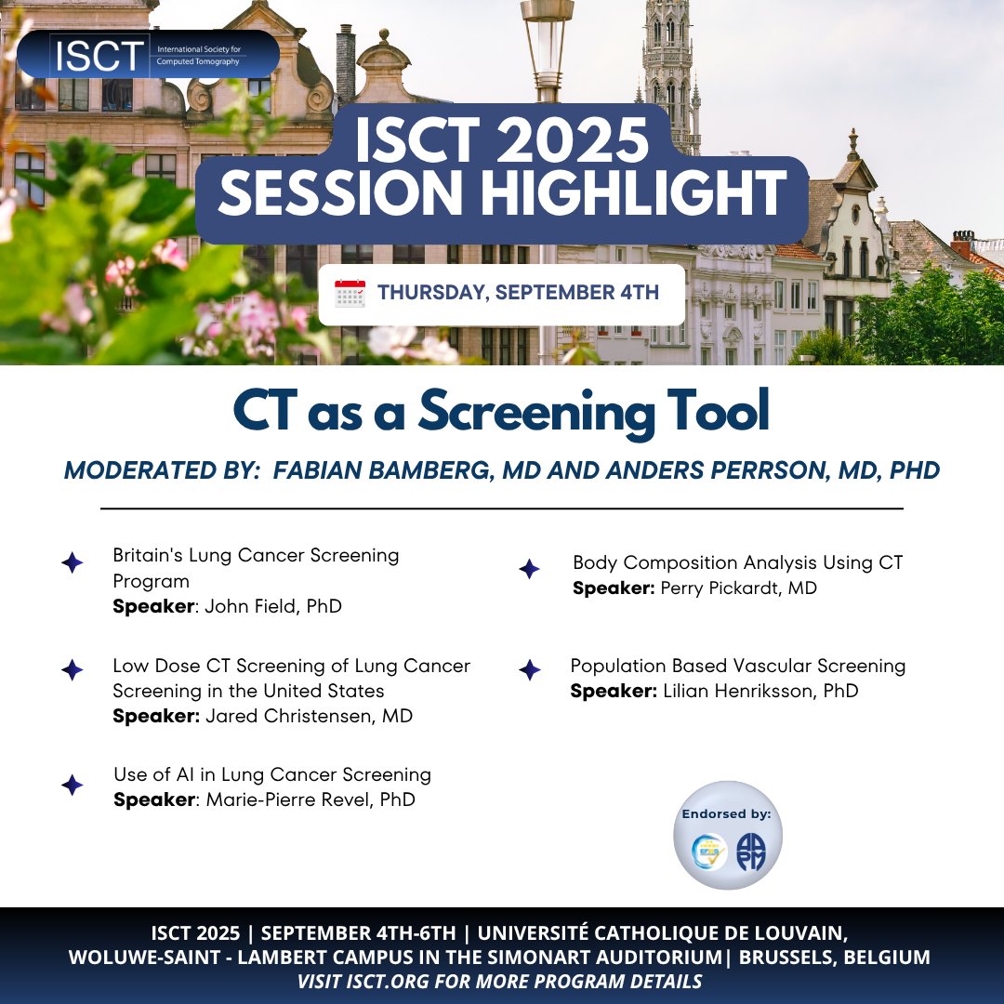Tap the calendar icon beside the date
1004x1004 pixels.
pos(350,294)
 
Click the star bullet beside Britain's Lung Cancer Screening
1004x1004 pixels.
pos(72,563)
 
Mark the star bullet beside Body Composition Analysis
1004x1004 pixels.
pos(529,569)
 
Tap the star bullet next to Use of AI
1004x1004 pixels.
pos(72,786)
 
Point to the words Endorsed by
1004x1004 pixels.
pos(727,814)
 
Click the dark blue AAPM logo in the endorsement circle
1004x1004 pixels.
pos(749,852)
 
